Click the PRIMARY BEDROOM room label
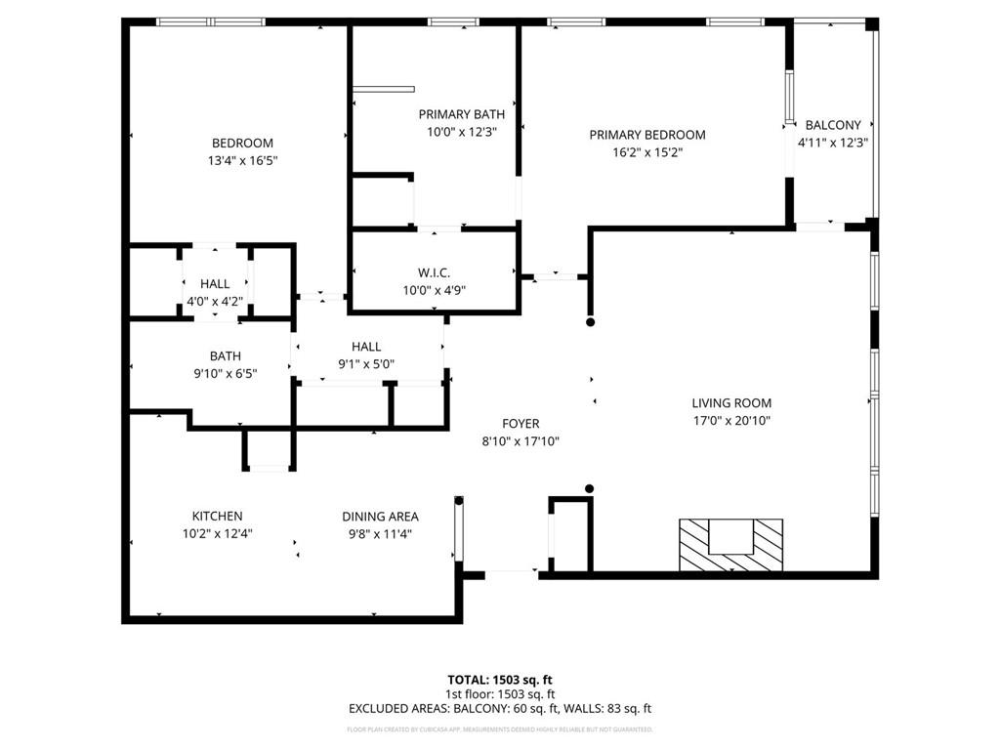coord(646,135)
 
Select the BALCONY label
coord(832,125)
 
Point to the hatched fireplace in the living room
coord(731,545)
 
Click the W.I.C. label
coord(434,272)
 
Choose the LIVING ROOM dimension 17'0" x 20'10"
coord(731,421)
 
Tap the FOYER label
coord(521,424)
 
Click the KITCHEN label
coord(217,516)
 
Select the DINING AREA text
coord(380,517)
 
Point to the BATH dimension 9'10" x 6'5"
coord(225,373)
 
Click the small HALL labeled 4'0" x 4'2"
coord(215,284)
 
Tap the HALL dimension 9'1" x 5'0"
coord(366,364)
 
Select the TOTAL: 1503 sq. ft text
coord(499,680)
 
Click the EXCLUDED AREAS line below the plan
coord(499,709)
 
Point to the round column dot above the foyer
coord(589,321)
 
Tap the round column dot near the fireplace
coord(589,488)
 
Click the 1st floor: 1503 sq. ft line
coord(499,694)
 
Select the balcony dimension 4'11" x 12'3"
coord(832,142)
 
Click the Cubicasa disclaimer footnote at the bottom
coord(499,729)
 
